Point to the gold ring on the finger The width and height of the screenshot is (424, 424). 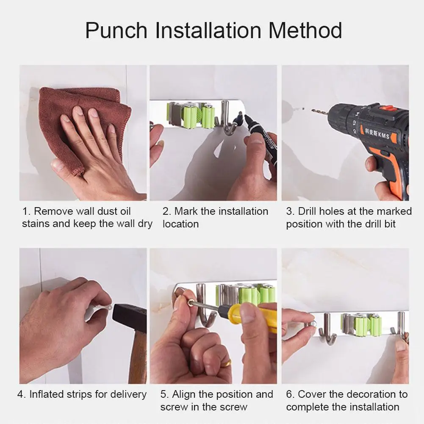(227, 363)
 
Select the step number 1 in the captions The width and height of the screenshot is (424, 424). (25, 211)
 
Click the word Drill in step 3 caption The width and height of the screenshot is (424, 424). (308, 211)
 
